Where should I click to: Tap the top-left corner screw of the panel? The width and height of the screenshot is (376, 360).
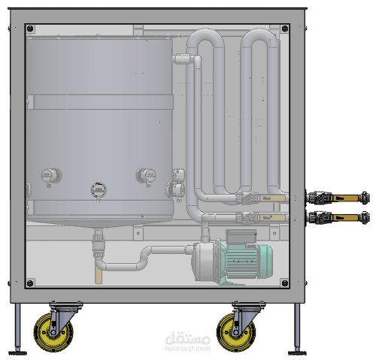pos(30,29)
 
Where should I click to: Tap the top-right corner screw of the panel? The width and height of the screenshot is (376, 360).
pos(285,29)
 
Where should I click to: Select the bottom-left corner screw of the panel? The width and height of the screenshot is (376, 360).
pos(30,283)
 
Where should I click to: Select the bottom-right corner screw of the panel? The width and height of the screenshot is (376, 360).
pos(285,283)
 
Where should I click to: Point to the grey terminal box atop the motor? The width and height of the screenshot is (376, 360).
pos(241,237)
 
